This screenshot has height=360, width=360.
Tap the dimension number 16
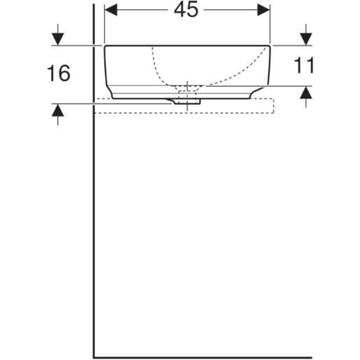[x=58, y=73]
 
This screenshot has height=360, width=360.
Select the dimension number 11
[x=305, y=66]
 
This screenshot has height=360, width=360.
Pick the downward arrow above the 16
[x=58, y=36]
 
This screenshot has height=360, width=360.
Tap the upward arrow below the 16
[x=58, y=113]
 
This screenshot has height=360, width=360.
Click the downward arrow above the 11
[x=305, y=36]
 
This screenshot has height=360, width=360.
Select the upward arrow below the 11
[x=305, y=94]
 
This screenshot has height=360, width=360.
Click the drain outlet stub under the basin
[x=188, y=100]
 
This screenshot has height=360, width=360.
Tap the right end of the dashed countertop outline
[x=273, y=105]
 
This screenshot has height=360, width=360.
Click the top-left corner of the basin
[x=106, y=46]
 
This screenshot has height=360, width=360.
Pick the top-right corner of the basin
[x=271, y=46]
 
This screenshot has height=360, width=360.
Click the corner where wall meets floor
[x=94, y=357]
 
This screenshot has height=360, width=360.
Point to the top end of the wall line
[x=94, y=3]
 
